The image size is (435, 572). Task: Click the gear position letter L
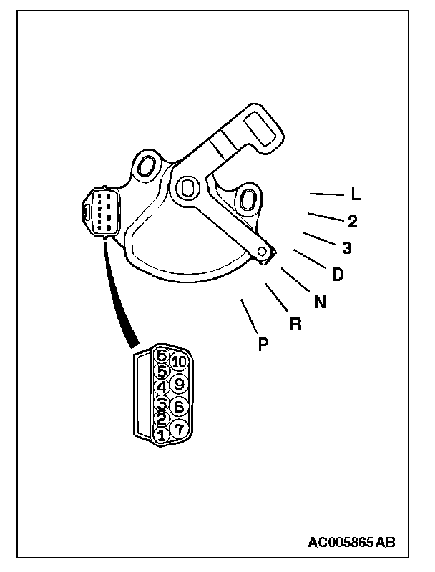click(x=356, y=194)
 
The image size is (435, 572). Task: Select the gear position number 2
click(x=352, y=221)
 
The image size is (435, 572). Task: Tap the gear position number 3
click(x=347, y=248)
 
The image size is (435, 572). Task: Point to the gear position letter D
click(x=337, y=274)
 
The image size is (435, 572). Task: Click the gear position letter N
click(x=320, y=302)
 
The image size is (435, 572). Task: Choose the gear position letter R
click(x=295, y=324)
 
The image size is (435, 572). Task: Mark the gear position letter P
click(x=263, y=345)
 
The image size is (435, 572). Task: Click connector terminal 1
click(x=161, y=434)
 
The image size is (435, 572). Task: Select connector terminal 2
click(x=162, y=418)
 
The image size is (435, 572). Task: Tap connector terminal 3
click(x=162, y=403)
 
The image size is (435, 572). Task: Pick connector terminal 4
click(x=162, y=387)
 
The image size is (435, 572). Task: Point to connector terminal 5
click(x=162, y=371)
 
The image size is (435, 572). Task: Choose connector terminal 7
click(x=179, y=427)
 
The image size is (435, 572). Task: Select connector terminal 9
click(x=180, y=384)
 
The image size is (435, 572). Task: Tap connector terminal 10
click(x=179, y=363)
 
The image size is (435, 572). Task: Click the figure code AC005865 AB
click(x=351, y=543)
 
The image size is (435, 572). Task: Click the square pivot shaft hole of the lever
click(x=187, y=187)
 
